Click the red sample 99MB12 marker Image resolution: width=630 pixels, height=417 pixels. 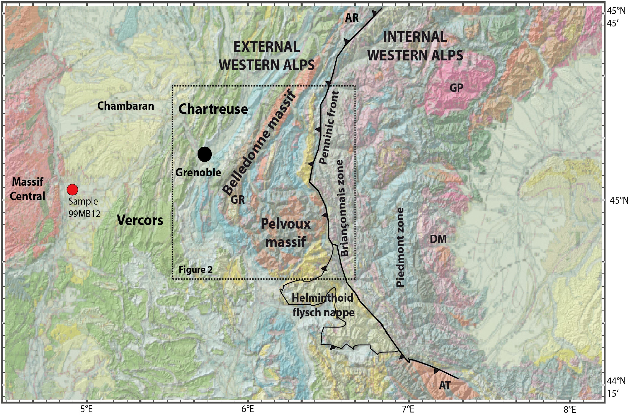click(72, 190)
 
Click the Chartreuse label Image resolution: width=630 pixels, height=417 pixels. click(213, 109)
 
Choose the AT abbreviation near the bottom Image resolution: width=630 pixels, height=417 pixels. click(445, 385)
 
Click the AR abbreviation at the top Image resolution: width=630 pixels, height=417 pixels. click(352, 18)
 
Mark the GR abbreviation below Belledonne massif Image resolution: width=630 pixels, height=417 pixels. click(237, 199)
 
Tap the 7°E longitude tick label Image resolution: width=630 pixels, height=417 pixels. click(408, 409)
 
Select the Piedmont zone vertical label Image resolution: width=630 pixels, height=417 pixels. click(400, 247)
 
